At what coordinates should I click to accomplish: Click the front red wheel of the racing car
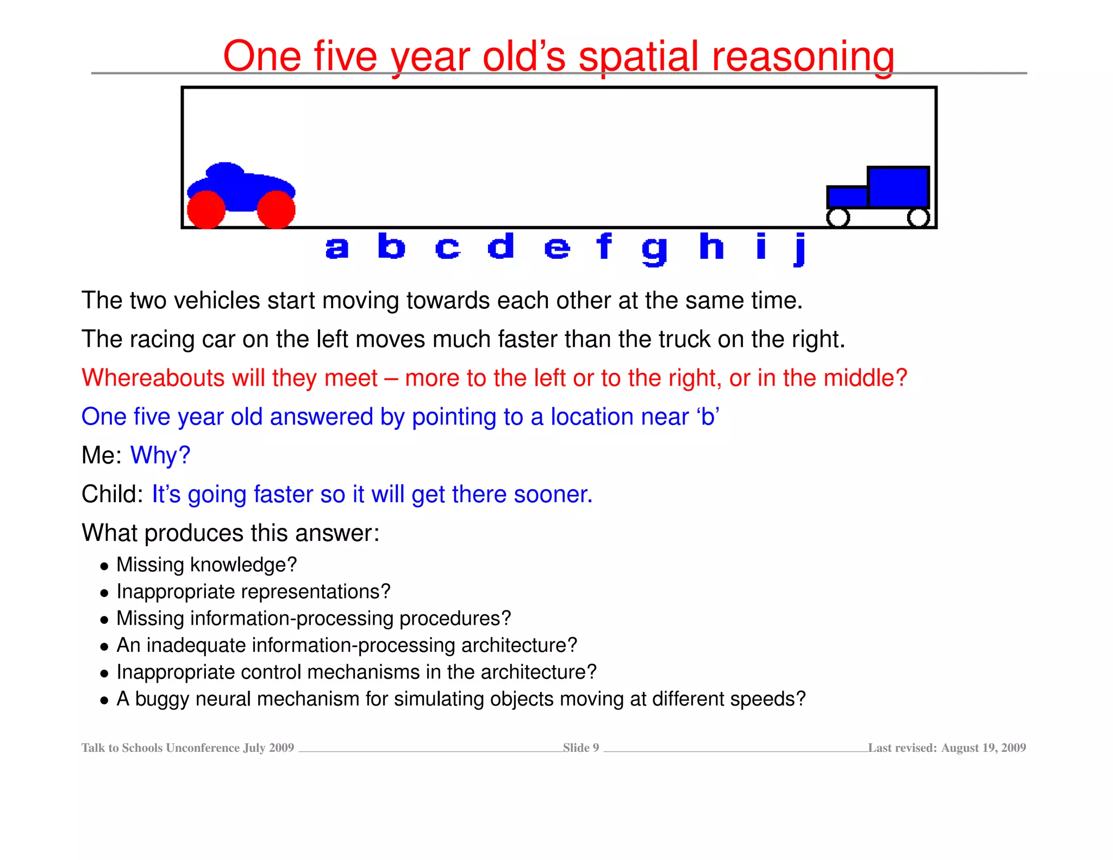point(276,209)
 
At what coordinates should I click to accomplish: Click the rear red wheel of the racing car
point(206,209)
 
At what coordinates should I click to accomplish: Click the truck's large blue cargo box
point(898,187)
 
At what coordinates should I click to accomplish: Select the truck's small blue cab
point(847,197)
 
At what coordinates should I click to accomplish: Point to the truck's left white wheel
point(837,217)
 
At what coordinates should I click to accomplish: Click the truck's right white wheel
point(918,217)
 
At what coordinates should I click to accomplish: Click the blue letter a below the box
point(337,248)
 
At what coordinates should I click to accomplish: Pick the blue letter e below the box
point(557,248)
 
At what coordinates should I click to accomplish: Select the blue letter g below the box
point(654,250)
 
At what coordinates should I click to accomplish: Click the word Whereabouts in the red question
point(153,377)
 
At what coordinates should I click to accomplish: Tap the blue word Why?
point(160,455)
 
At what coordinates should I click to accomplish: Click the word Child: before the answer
point(112,494)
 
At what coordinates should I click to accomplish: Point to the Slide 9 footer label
point(580,747)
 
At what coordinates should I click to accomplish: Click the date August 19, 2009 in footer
point(983,747)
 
